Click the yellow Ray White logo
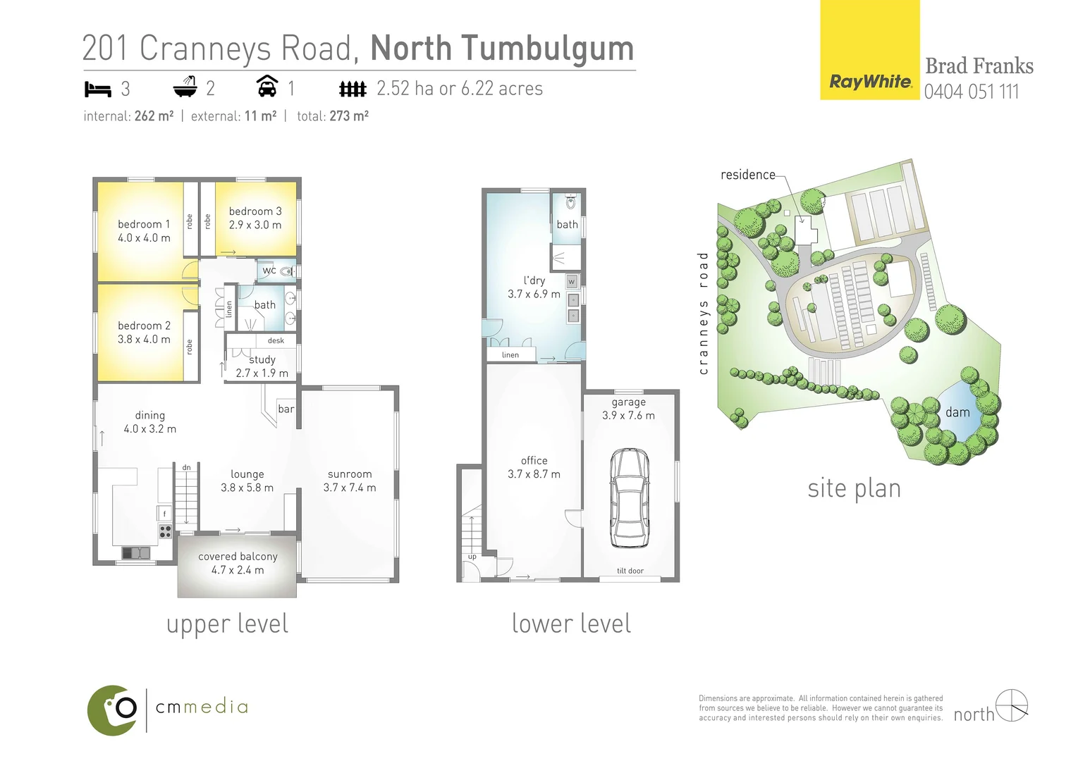tap(869, 51)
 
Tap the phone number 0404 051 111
tap(971, 92)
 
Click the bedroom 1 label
tap(144, 224)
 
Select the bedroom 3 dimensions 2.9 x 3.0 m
tap(255, 225)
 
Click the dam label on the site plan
tap(957, 412)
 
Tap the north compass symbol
tap(1012, 705)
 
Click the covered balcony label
tap(238, 556)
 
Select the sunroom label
tap(350, 474)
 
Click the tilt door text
tap(630, 571)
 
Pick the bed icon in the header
tap(98, 89)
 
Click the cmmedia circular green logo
tap(113, 710)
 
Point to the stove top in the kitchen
tap(165, 531)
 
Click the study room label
tap(262, 359)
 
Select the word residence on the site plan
tap(747, 175)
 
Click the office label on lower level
tap(534, 460)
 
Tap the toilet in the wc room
tap(286, 271)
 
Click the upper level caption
tap(227, 624)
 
